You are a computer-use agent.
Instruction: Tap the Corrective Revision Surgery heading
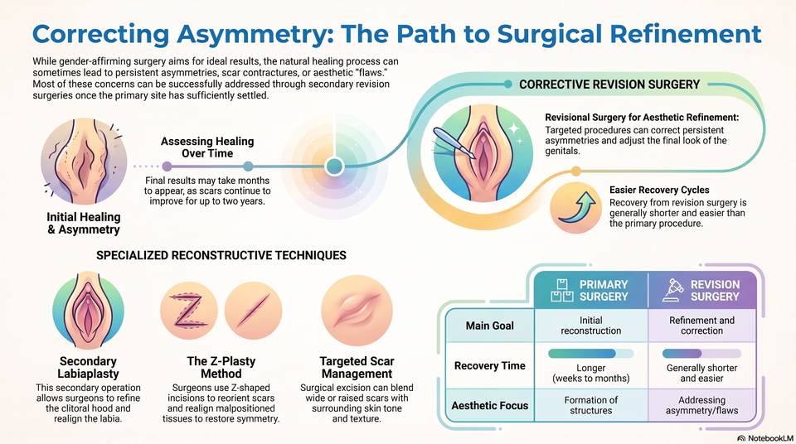[609, 84]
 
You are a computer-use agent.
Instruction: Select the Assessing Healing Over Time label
[207, 147]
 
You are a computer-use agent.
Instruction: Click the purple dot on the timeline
[167, 166]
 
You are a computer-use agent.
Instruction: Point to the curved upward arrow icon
[577, 207]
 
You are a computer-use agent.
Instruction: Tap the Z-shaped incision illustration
[188, 311]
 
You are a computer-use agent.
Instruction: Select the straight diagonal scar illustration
[254, 311]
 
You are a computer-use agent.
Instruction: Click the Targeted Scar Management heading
[357, 368]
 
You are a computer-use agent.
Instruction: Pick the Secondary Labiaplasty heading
[89, 368]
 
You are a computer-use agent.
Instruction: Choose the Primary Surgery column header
[591, 290]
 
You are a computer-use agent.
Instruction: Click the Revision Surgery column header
[702, 290]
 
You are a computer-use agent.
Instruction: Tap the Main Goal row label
[490, 326]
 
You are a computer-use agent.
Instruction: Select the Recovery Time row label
[490, 366]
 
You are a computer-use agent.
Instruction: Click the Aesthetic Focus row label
[490, 405]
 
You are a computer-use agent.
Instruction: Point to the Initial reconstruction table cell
[591, 326]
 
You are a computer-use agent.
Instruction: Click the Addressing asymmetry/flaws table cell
[702, 405]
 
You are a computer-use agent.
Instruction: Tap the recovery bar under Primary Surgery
[591, 353]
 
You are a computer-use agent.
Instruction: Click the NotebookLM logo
[765, 438]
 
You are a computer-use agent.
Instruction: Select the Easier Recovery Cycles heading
[659, 190]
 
